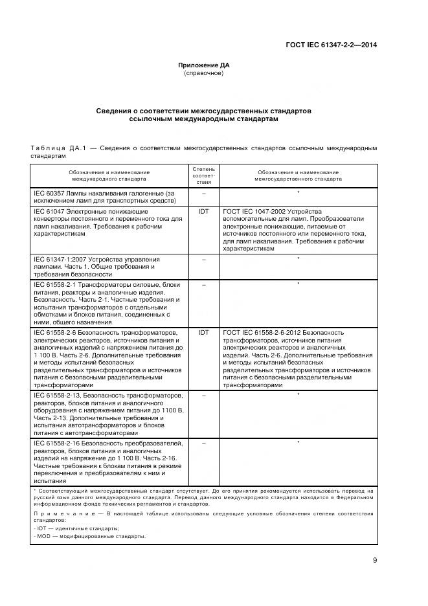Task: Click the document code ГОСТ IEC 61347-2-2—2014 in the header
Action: [x=332, y=45]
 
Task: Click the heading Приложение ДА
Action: [x=204, y=65]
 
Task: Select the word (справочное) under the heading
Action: [x=204, y=73]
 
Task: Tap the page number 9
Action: [x=375, y=561]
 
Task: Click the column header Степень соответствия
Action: [x=204, y=175]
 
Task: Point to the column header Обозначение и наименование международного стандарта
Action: [x=109, y=175]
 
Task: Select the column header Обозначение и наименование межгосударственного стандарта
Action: [x=298, y=175]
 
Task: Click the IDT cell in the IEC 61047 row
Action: [x=204, y=211]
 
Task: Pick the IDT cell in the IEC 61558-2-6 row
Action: [x=204, y=332]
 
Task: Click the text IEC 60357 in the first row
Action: [x=49, y=193]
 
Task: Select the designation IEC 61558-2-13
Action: [x=56, y=394]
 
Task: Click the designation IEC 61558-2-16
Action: [x=56, y=443]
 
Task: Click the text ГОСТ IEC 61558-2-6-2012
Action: [x=261, y=332]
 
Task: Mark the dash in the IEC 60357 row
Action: [x=204, y=193]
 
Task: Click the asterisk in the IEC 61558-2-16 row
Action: [x=298, y=443]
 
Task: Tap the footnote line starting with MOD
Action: [x=90, y=536]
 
